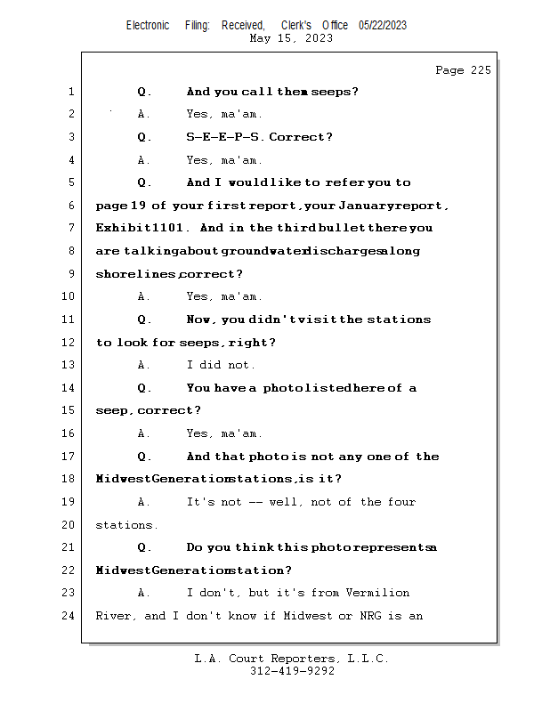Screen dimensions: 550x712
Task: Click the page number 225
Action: coord(481,70)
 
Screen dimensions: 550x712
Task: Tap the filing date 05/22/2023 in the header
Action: coord(383,25)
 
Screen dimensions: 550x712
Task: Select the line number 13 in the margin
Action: coord(69,365)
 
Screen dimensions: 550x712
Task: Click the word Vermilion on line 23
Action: coord(377,593)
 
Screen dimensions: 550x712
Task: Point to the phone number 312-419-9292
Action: coord(292,671)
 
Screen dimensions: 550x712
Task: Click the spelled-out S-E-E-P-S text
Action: coord(222,137)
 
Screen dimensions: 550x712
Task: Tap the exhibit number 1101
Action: coord(166,228)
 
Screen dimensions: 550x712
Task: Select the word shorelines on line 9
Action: coord(135,274)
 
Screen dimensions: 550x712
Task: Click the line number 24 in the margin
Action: coord(69,616)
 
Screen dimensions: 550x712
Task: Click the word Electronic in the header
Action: coord(148,25)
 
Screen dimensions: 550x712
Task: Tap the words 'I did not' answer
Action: coord(221,365)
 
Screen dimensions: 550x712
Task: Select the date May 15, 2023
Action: coord(291,38)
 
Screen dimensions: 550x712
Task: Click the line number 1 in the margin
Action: coord(71,92)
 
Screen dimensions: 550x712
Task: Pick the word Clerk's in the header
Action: coord(296,25)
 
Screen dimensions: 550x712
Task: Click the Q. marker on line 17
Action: coord(144,457)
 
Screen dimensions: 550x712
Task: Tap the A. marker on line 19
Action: coord(144,502)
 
